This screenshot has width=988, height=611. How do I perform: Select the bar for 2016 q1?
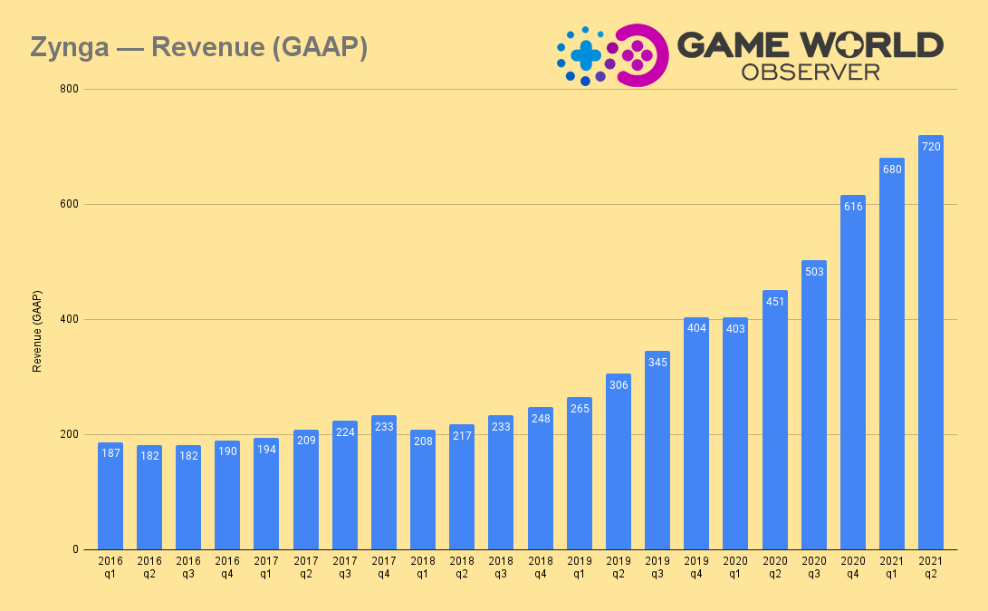pos(110,496)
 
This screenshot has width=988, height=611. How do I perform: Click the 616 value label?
pos(852,207)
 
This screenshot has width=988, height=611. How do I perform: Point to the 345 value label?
pos(657,363)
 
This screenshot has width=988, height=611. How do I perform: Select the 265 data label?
pos(580,409)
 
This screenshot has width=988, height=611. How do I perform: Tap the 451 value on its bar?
pos(774,302)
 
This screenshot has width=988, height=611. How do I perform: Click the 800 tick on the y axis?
pos(70,89)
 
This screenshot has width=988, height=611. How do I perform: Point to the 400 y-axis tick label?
pos(70,319)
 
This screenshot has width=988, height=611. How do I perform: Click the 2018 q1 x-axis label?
pos(423,567)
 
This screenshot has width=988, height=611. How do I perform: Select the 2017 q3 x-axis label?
pos(345,567)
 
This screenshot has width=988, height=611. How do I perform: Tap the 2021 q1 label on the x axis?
pos(891,567)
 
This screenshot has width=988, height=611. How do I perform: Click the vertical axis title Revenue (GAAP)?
pos(37,331)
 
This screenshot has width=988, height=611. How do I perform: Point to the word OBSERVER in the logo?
pos(811,72)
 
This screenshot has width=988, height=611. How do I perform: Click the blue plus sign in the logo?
pos(586,55)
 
